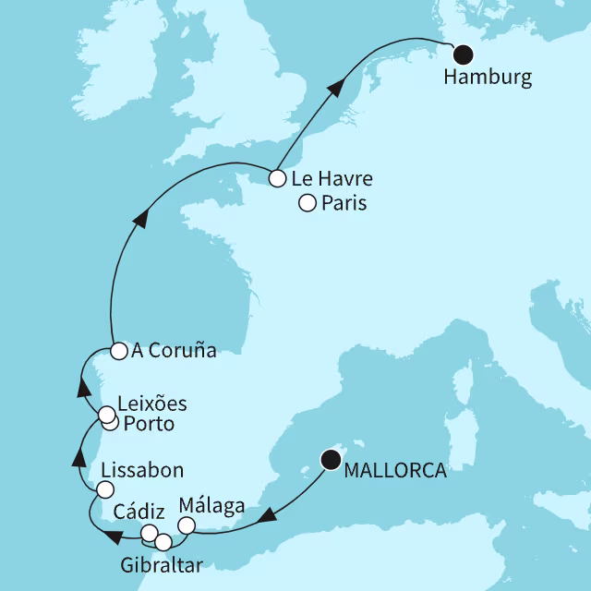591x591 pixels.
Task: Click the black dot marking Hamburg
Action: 462,54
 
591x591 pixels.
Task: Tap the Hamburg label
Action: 488,78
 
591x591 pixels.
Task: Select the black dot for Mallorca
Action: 329,457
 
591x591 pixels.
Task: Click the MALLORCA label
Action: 394,471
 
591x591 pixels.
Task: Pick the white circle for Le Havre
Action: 276,178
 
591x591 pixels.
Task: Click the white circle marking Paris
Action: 307,204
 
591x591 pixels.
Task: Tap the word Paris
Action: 344,204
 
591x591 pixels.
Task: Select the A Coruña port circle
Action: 118,350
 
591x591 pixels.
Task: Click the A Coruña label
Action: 174,351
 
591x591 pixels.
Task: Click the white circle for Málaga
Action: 186,525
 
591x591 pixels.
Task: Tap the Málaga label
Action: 212,506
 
